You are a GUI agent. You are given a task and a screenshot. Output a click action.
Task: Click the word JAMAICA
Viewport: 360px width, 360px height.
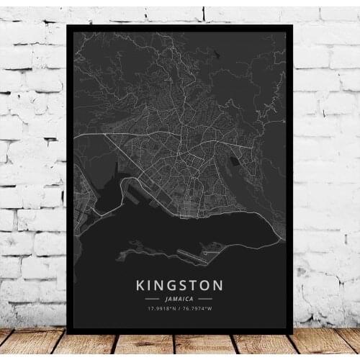(x=179, y=297)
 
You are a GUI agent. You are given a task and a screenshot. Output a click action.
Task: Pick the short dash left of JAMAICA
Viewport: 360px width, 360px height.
(x=153, y=297)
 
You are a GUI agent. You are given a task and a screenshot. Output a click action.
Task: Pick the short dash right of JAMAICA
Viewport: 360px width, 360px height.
(x=206, y=297)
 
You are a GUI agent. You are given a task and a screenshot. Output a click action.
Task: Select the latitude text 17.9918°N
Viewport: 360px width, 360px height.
(x=162, y=308)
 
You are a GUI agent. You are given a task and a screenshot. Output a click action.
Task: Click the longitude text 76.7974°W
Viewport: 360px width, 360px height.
(x=199, y=308)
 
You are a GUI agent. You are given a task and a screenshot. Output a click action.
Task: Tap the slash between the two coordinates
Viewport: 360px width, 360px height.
(x=180, y=308)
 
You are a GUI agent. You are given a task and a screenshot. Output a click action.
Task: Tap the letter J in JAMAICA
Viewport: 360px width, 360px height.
(x=165, y=297)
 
